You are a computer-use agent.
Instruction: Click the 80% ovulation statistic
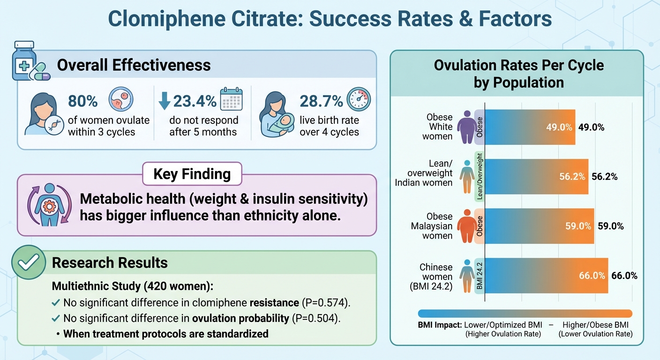coord(83,101)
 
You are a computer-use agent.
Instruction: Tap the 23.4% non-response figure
coord(195,101)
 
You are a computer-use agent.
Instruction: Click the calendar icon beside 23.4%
coord(231,98)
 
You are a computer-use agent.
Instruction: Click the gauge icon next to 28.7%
coord(359,99)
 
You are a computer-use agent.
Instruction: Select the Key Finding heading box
coord(192,174)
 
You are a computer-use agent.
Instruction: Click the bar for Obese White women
coord(530,127)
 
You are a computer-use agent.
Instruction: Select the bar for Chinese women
coord(546,276)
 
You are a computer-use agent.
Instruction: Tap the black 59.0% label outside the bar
coord(610,226)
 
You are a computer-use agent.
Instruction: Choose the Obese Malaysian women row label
coord(432,226)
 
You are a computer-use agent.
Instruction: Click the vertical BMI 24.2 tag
coord(479,276)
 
